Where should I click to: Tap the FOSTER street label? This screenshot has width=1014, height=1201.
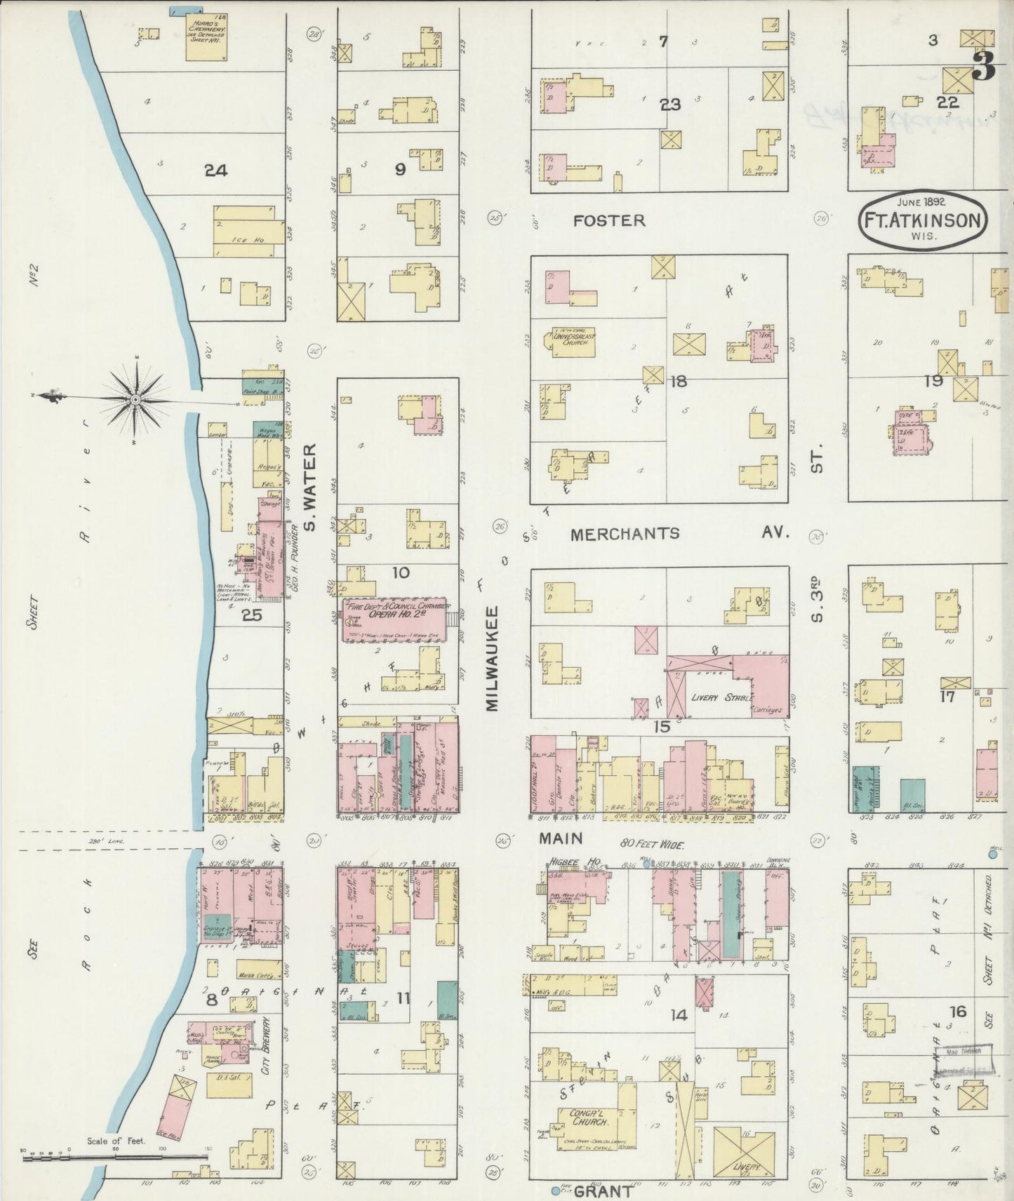click(608, 220)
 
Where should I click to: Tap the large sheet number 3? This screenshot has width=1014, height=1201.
click(985, 67)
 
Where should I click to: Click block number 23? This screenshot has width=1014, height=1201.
click(669, 105)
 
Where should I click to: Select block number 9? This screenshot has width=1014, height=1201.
click(400, 169)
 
